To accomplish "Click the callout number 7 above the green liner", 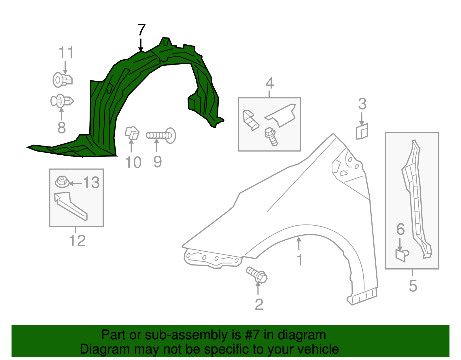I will coord(141,30).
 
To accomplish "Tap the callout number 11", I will coord(66,53).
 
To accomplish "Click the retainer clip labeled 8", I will coord(62,101).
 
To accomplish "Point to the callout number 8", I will coord(62,128).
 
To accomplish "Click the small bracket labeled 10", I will coord(132,133).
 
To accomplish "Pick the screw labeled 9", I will coord(161,135).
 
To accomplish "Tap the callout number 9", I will coord(157,162).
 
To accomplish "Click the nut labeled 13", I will coord(62,182).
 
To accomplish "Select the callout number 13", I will coord(91,183).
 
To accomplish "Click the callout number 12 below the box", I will coord(77,241).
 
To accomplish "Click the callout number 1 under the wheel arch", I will coord(299,260).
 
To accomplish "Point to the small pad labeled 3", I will coord(362,132).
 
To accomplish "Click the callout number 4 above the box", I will coord(269,83).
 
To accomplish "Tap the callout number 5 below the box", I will coord(413,286).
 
